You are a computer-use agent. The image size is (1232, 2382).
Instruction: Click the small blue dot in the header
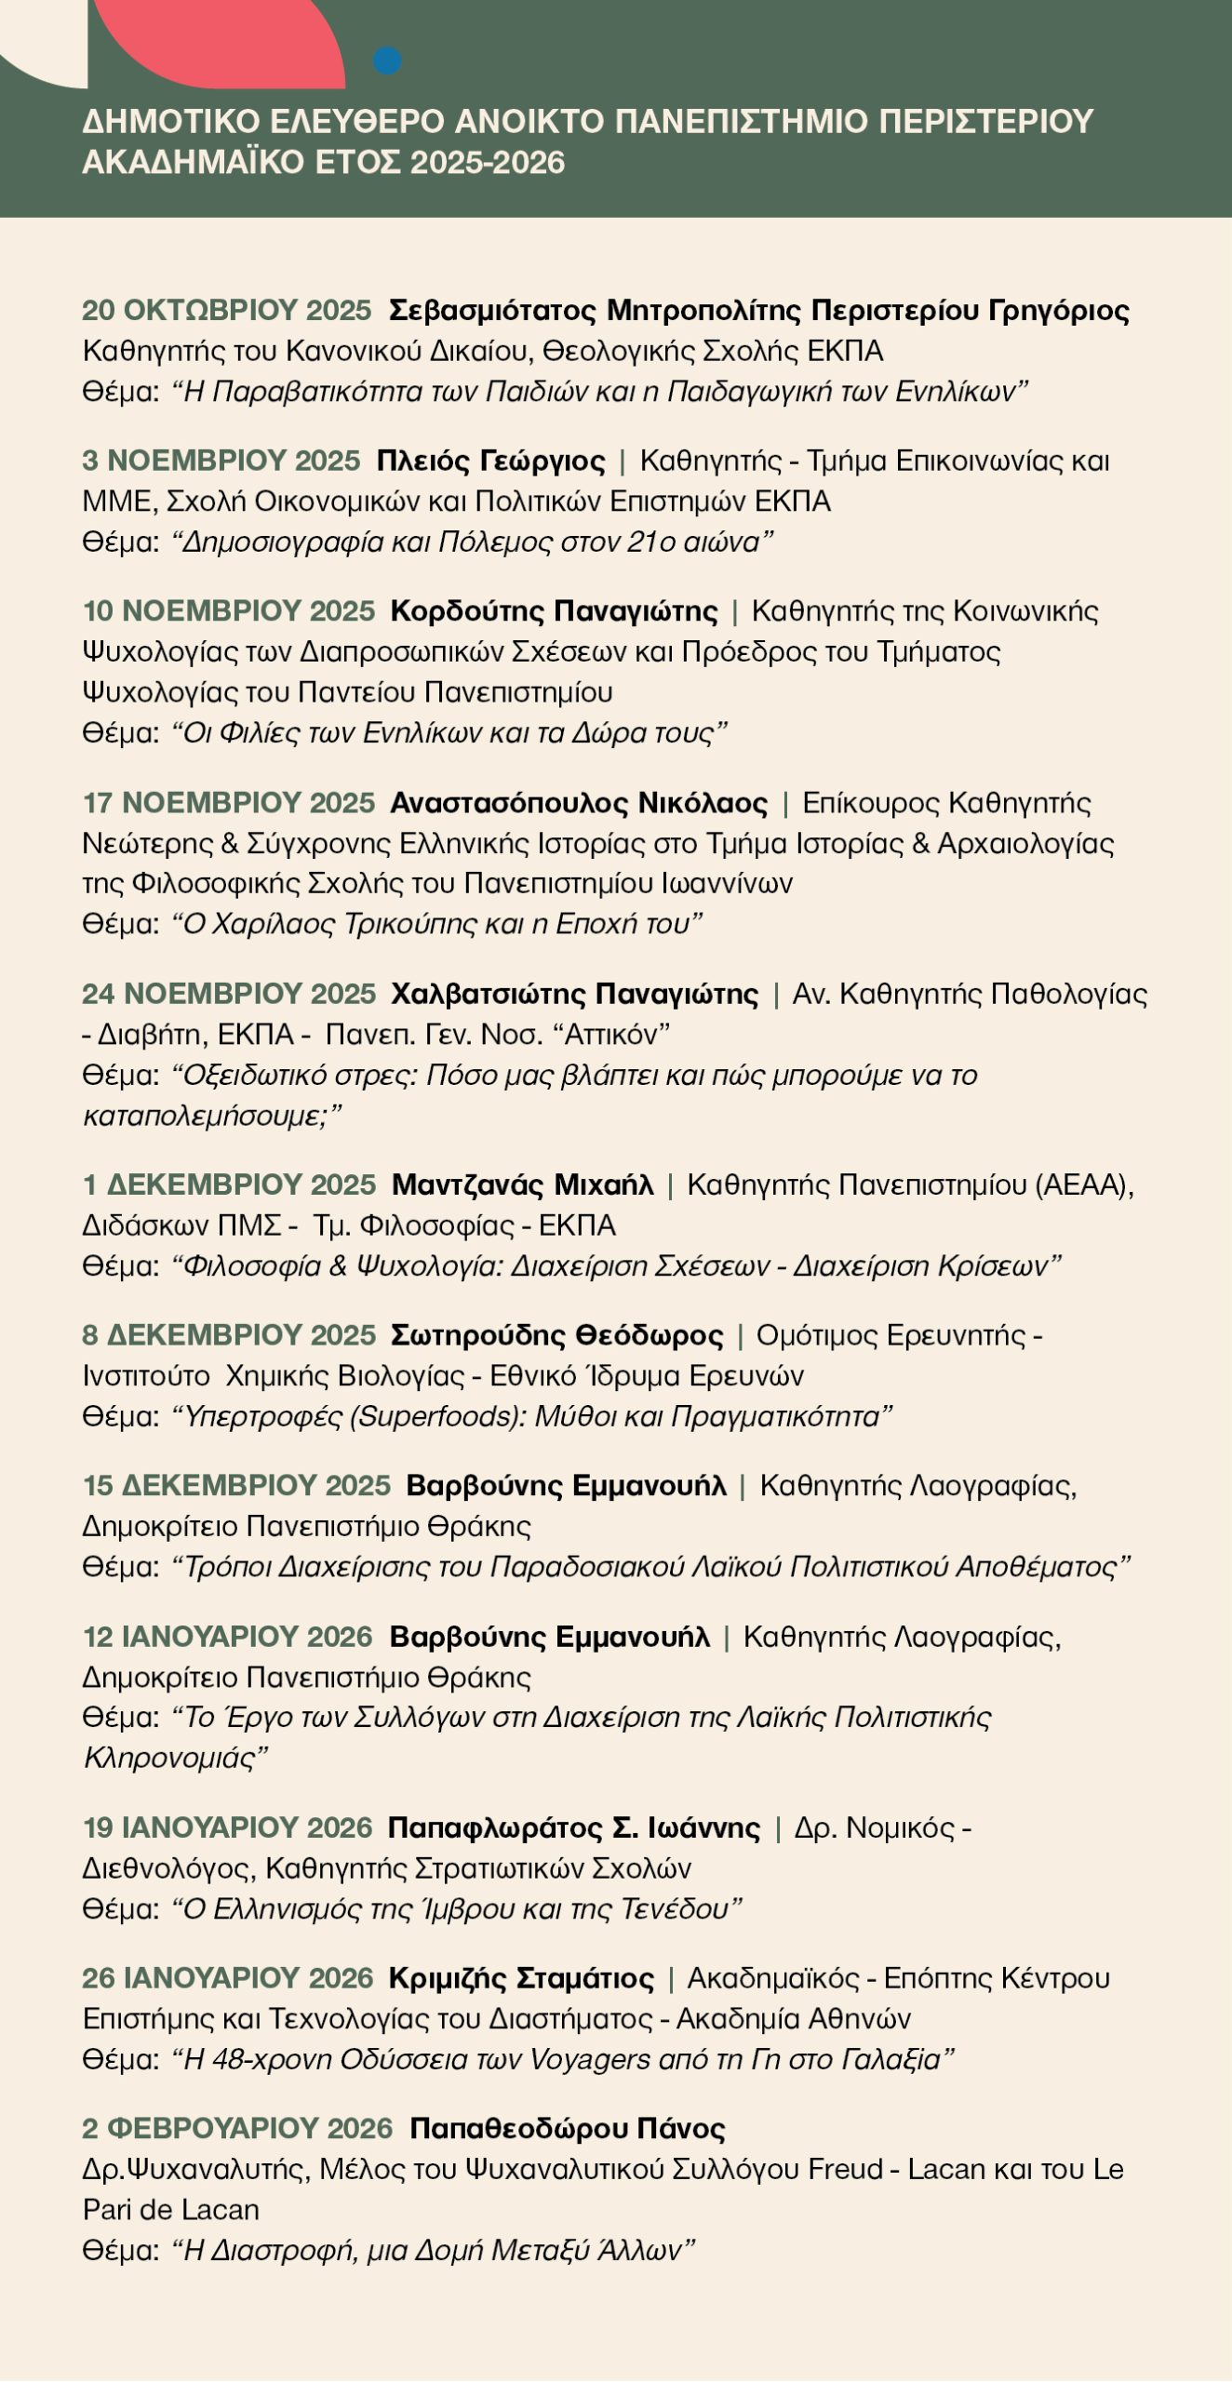387,61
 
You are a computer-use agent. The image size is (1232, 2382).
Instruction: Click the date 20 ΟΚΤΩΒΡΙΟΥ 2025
227,310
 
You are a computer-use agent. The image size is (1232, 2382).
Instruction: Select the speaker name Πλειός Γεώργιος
490,461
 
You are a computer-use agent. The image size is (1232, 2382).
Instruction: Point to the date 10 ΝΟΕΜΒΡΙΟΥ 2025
229,611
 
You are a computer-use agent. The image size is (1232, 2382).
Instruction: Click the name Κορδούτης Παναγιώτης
554,611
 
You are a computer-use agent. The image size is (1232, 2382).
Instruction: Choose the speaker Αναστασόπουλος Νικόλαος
579,803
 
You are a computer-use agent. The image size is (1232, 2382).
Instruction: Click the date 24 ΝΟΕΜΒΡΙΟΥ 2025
229,994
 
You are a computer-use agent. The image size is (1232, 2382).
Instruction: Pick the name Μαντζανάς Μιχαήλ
522,1185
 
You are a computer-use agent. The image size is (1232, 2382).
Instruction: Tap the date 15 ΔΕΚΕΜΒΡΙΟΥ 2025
236,1486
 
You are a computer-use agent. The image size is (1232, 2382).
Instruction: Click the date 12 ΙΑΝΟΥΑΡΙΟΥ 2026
227,1637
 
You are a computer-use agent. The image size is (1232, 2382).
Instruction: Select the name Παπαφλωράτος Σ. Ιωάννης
573,1828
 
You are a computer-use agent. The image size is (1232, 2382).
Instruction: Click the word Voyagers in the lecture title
591,2060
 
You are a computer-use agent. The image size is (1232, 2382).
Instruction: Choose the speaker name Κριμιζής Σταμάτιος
521,1978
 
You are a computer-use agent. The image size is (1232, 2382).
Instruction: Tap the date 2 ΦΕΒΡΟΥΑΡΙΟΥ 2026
237,2129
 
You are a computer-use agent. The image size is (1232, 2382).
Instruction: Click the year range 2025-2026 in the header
488,163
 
